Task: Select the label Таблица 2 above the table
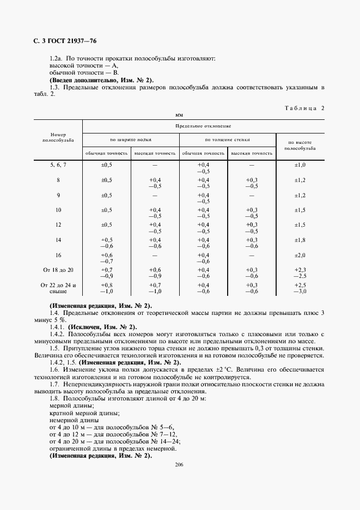[304, 108]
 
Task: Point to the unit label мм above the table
[179, 116]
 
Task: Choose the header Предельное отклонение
[203, 125]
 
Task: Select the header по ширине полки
[131, 139]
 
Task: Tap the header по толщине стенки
[228, 139]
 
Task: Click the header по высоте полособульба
[301, 144]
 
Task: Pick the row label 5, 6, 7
[58, 165]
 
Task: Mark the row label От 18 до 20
[58, 270]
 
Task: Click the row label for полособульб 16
[58, 255]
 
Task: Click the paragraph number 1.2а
[57, 58]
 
